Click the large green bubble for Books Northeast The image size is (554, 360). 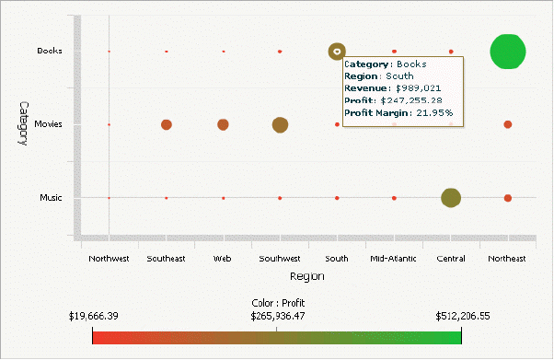pos(508,52)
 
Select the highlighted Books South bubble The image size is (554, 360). pos(338,52)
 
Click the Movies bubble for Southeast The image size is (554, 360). pos(167,124)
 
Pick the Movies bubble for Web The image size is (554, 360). pos(223,124)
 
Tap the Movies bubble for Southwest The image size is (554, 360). pos(280,124)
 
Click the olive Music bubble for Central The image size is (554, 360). pos(451,198)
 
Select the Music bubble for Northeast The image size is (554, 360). pos(508,198)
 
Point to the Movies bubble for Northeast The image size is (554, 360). pos(508,124)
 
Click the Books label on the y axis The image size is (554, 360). pos(50,51)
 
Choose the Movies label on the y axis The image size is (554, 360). pos(48,124)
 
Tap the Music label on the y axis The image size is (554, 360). pos(51,198)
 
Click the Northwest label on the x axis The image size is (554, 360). pos(109,259)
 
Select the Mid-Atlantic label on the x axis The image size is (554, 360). pos(394,259)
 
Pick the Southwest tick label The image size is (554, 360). pos(280,259)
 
